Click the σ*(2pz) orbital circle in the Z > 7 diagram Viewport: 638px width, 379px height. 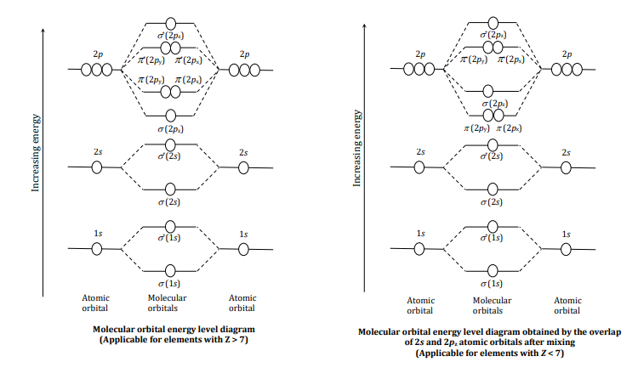pos(170,21)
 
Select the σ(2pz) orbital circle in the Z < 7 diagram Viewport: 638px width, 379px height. pos(489,91)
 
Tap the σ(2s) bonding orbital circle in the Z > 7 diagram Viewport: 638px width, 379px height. pos(170,189)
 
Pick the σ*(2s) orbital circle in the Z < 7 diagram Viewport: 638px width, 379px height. pos(489,145)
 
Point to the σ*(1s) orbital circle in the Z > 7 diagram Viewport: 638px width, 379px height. pos(170,226)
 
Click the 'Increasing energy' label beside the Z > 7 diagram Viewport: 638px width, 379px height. pos(37,149)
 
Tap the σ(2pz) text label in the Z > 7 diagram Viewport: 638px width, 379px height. pos(170,128)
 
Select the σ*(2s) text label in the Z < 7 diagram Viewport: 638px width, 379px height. pos(489,157)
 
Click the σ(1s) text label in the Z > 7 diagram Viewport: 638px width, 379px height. pos(170,283)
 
